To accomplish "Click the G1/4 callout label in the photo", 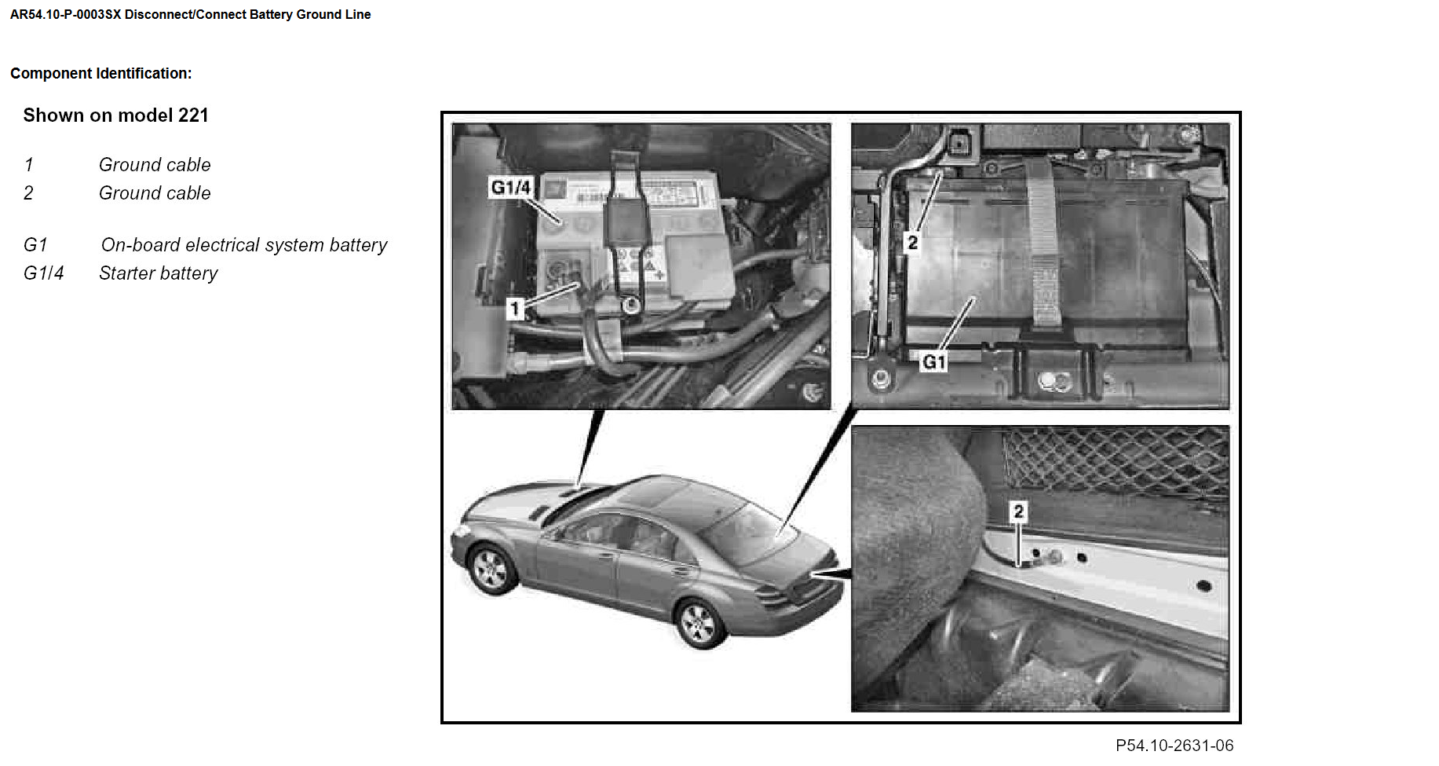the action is click(x=511, y=187).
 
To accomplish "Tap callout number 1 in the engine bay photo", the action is click(x=515, y=308).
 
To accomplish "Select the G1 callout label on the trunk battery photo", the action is click(x=934, y=361).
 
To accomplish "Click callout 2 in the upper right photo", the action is click(x=912, y=242).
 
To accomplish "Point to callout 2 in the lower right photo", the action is click(x=1018, y=511).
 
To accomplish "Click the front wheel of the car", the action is click(x=491, y=569).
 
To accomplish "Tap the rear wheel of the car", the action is click(x=699, y=624).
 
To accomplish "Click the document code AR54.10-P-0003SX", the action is click(x=66, y=14).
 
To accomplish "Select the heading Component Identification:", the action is click(x=101, y=73).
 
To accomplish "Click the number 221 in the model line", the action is click(x=193, y=115).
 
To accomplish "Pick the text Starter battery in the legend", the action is click(x=159, y=273).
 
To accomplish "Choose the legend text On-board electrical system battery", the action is click(x=244, y=245).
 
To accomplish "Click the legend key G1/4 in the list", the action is click(x=44, y=273).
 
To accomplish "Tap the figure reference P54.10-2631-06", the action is click(x=1174, y=746).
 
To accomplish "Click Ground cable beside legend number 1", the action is click(x=155, y=165).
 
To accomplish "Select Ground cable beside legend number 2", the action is click(x=155, y=193).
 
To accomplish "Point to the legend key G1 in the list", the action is click(x=35, y=245).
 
